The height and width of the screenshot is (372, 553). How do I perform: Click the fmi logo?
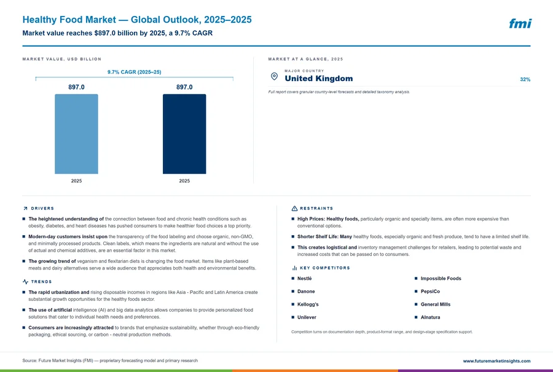tap(520, 23)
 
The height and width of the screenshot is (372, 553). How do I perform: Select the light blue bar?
tap(76, 134)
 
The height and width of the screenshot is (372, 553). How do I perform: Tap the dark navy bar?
tap(184, 134)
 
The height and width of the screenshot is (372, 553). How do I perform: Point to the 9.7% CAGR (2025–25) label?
tap(135, 72)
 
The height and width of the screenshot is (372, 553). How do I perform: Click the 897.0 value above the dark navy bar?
tap(184, 87)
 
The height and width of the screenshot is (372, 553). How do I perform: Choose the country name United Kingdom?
tap(319, 79)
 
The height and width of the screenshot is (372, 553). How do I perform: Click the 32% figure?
tap(525, 80)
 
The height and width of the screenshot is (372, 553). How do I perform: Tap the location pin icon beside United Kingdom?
tap(274, 76)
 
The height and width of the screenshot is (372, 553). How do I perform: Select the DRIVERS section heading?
tap(42, 209)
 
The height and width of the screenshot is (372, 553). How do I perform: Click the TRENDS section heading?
tap(41, 282)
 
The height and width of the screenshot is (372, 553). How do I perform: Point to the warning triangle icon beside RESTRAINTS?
tap(294, 209)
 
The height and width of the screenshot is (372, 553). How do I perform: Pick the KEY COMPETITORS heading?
tap(325, 268)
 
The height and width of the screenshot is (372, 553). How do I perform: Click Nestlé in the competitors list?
tap(304, 278)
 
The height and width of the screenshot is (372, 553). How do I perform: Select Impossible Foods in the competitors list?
tap(441, 278)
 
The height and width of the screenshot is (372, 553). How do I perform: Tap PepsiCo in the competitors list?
tap(430, 292)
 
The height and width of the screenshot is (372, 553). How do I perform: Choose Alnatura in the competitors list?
tap(430, 317)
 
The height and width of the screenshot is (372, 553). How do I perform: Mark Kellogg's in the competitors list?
tap(308, 304)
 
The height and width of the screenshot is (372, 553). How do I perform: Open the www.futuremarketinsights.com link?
tap(496, 361)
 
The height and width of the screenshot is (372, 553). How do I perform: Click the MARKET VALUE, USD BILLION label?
tap(61, 59)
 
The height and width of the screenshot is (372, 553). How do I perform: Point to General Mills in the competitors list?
tap(436, 304)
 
